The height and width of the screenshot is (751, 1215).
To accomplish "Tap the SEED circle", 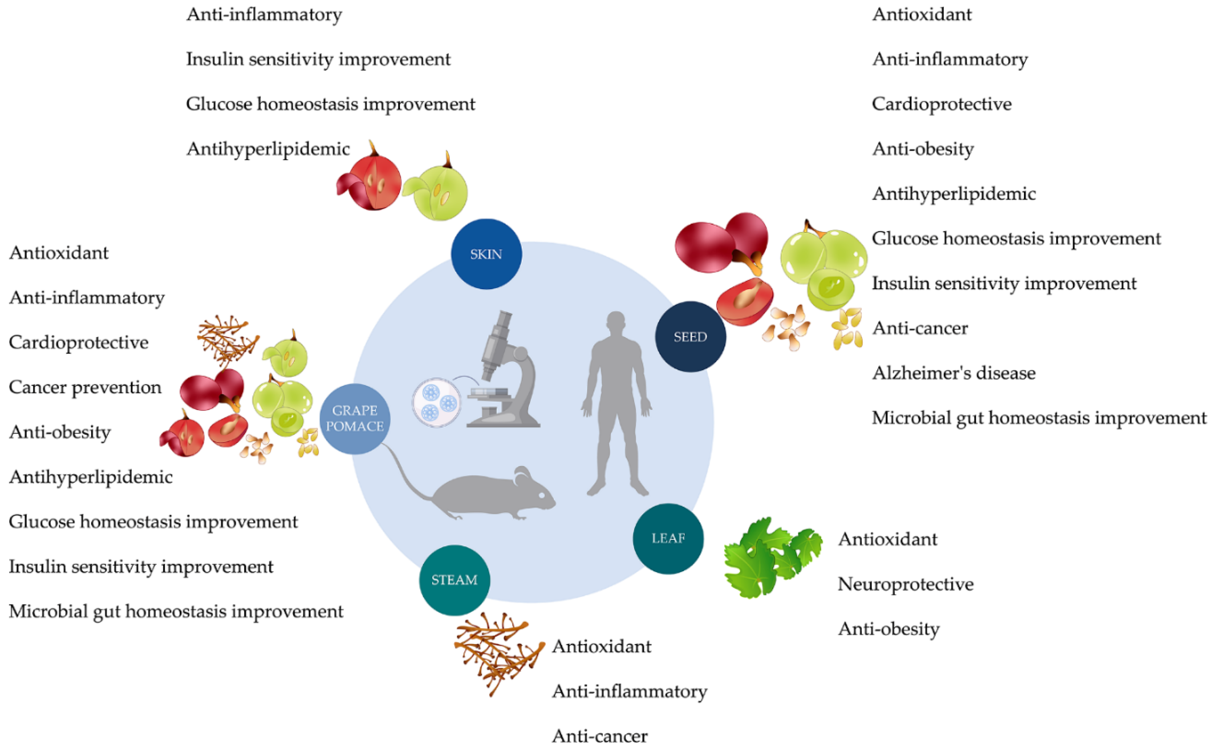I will point(690,336).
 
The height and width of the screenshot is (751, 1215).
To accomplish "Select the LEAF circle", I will point(668,538).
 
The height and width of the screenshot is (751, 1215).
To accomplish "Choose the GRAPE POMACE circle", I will point(355,418).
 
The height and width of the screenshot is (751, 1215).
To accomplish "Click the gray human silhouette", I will point(616,402).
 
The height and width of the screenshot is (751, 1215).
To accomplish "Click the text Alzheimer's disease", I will point(953,373).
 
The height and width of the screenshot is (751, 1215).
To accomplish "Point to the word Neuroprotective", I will point(905,584).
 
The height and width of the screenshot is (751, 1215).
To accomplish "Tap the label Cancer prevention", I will point(85,387).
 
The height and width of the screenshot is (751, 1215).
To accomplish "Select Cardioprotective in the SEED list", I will point(941,104).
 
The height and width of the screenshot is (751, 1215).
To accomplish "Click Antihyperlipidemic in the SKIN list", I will point(268,148).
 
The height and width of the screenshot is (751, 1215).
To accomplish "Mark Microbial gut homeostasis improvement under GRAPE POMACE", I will point(176,611).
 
